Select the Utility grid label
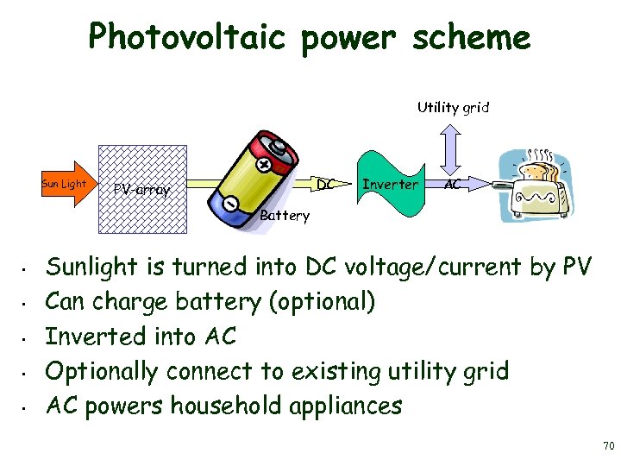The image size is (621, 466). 453,108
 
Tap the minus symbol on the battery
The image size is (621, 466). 231,203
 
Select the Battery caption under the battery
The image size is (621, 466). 284,216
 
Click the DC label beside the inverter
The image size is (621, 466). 324,185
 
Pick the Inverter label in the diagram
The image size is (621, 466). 390,185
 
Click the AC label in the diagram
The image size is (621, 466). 453,185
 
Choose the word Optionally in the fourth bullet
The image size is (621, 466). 102,372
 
